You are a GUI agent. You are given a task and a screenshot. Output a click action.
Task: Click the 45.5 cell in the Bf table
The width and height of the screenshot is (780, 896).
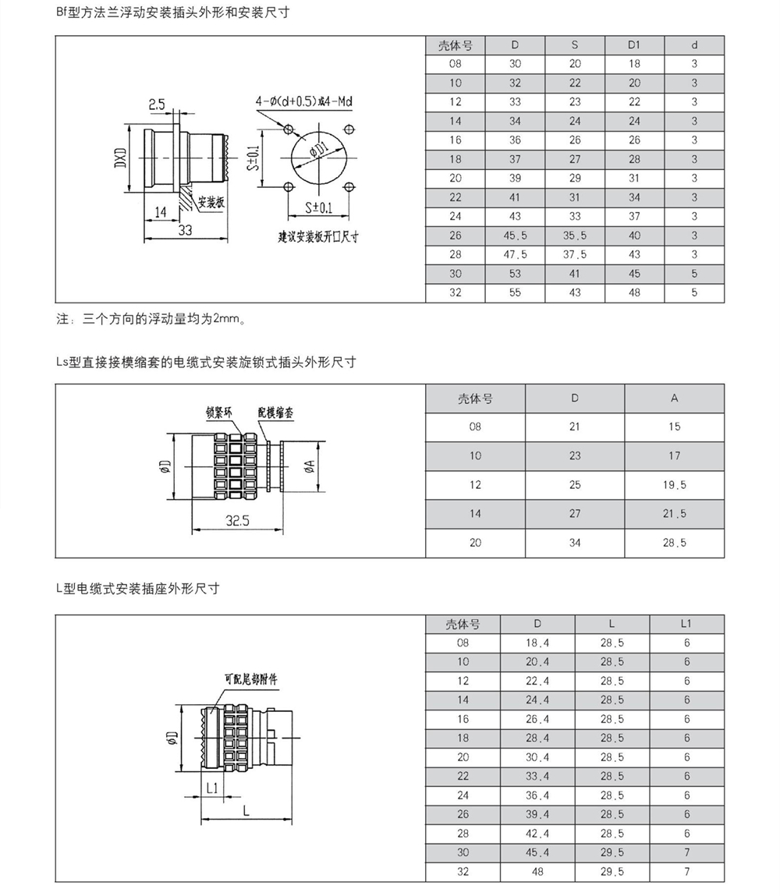click(x=514, y=236)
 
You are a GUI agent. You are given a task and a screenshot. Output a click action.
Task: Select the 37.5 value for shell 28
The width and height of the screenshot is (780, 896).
click(x=575, y=254)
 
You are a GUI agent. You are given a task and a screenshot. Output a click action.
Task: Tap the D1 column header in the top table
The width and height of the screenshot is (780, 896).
click(x=634, y=45)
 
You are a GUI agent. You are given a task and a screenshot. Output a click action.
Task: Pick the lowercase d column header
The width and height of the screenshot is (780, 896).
click(x=694, y=45)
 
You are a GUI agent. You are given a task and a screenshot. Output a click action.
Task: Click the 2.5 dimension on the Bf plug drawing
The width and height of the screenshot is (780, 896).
click(x=156, y=104)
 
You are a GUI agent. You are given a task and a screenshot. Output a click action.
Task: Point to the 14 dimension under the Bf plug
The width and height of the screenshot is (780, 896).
click(x=161, y=211)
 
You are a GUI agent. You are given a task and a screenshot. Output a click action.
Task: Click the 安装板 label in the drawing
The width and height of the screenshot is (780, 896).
click(x=211, y=202)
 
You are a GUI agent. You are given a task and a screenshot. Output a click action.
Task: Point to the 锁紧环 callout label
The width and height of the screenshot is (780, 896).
click(x=219, y=413)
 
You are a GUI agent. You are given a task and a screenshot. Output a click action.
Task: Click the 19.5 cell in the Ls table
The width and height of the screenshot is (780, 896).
click(x=674, y=485)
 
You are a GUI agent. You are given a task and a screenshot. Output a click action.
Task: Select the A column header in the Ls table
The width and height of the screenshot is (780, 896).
click(x=674, y=398)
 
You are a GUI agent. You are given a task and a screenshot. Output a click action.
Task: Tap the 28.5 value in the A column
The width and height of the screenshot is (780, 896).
click(x=674, y=543)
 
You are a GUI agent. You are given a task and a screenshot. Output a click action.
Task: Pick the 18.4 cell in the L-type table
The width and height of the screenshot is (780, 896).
click(x=537, y=643)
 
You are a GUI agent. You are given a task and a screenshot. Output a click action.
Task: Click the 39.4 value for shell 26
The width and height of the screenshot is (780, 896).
click(x=537, y=814)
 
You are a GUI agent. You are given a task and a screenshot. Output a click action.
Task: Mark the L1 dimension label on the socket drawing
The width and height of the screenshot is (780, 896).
click(x=211, y=788)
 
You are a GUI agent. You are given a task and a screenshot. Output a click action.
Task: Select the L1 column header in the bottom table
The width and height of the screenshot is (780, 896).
click(x=686, y=624)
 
